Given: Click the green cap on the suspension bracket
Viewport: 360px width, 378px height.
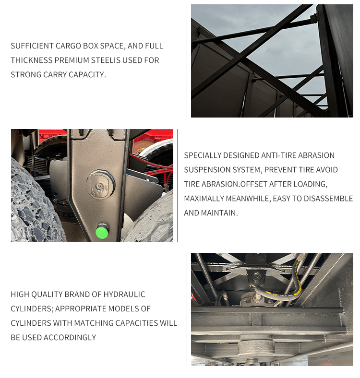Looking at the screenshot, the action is click(102, 232).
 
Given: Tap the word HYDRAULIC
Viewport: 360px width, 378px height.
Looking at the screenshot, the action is click(124, 295).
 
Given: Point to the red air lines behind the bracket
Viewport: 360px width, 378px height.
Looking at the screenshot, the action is click(155, 166).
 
